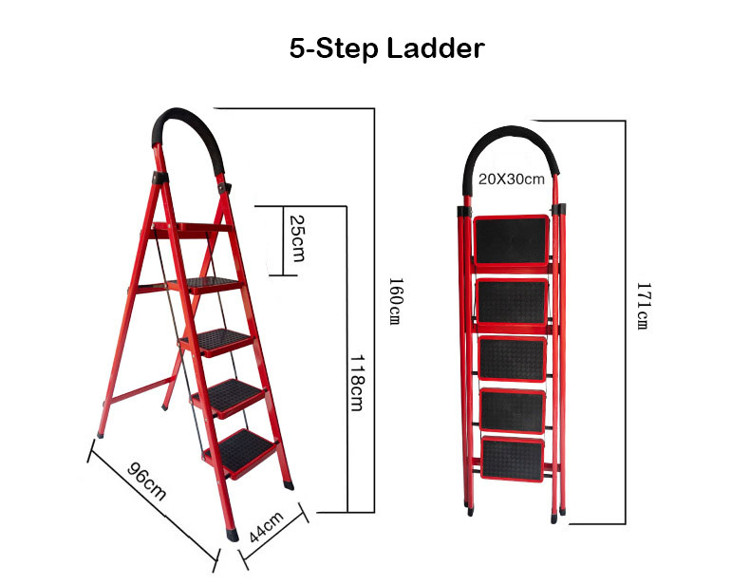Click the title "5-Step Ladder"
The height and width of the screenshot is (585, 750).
pyautogui.click(x=385, y=49)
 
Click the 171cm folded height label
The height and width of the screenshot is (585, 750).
pyautogui.click(x=642, y=307)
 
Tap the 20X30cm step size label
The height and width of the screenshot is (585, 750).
pyautogui.click(x=511, y=179)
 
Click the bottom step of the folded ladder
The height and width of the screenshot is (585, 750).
pyautogui.click(x=513, y=460)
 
